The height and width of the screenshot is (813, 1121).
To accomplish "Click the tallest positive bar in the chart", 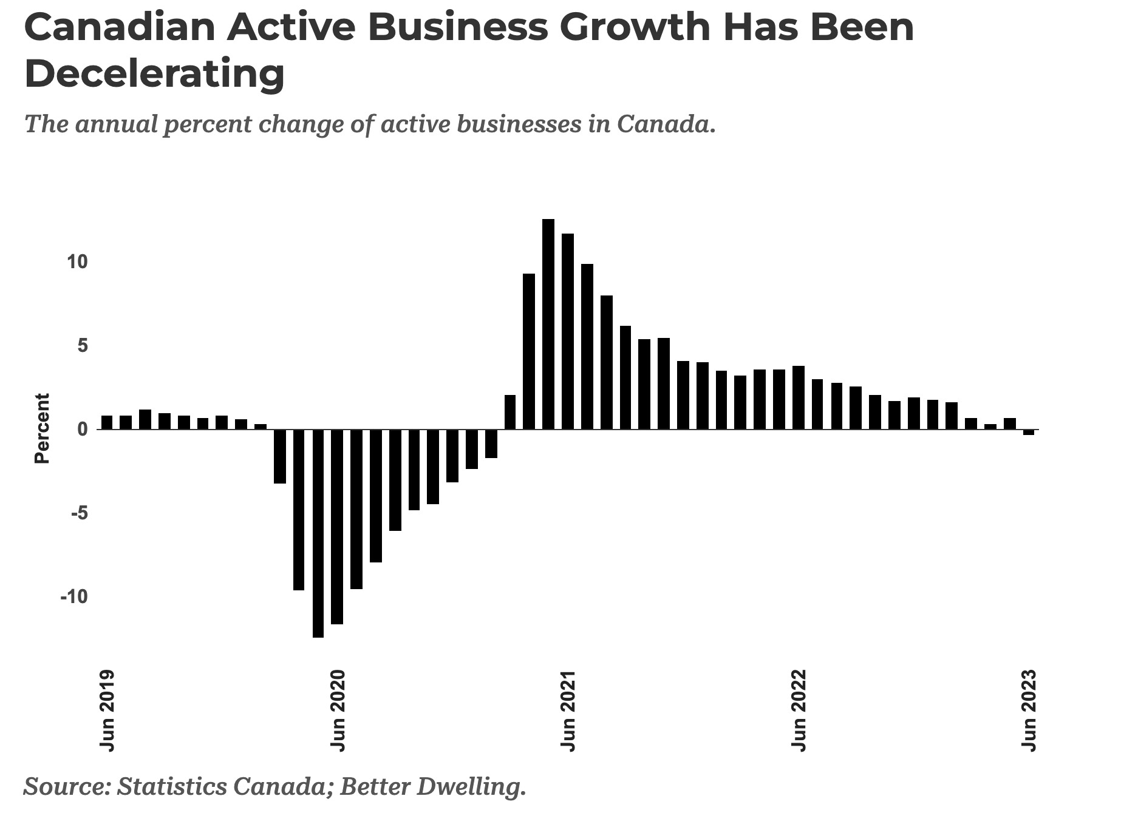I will pos(548,324).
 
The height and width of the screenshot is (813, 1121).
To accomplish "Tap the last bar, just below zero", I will pos(1029,432).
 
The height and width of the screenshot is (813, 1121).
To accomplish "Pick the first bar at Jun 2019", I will pos(107,422).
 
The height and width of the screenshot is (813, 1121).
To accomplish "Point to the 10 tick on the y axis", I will pos(78,262).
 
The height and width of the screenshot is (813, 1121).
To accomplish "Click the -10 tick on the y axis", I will pos(73,597).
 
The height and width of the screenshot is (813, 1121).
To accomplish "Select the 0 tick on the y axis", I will pos(83,430).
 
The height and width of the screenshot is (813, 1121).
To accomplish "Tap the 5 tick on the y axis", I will pos(83,346).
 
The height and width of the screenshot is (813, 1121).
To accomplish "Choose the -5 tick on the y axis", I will pos(78,513).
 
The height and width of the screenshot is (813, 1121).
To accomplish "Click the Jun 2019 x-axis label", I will pos(107,710).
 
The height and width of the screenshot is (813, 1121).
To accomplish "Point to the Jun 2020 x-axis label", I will pos(338,710).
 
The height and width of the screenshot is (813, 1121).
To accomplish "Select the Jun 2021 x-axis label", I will pos(568,710).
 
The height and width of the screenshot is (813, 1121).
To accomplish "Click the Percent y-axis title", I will pos(42,428).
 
